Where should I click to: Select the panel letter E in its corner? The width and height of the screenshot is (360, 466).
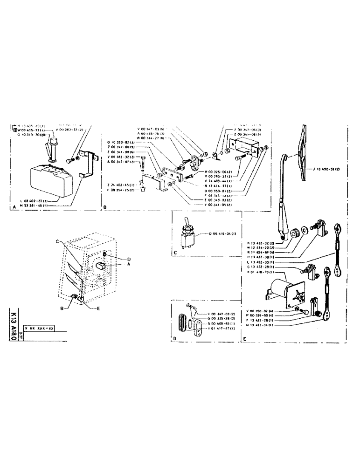[244, 340]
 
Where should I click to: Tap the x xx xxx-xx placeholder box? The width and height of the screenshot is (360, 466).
[41, 328]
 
